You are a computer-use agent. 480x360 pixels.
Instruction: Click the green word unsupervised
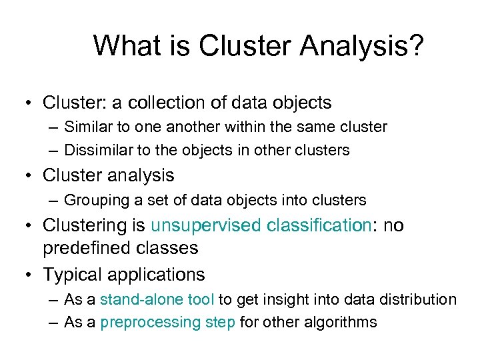(206, 226)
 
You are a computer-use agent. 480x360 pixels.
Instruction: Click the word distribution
(416, 299)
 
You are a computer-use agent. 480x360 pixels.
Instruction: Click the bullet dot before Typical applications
(29, 274)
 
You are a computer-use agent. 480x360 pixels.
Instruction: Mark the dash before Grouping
(53, 200)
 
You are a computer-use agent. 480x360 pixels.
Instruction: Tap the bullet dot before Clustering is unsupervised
(29, 225)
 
